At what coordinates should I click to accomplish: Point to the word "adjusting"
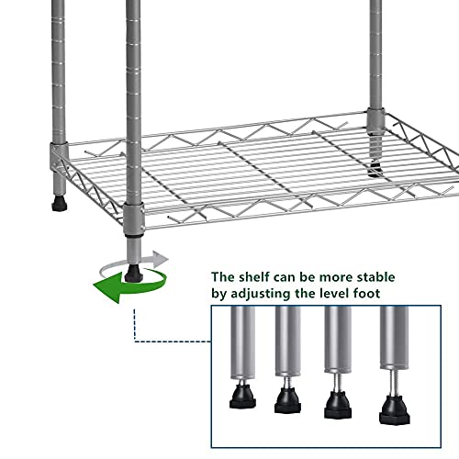tap(274, 295)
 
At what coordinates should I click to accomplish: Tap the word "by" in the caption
tap(221, 295)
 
